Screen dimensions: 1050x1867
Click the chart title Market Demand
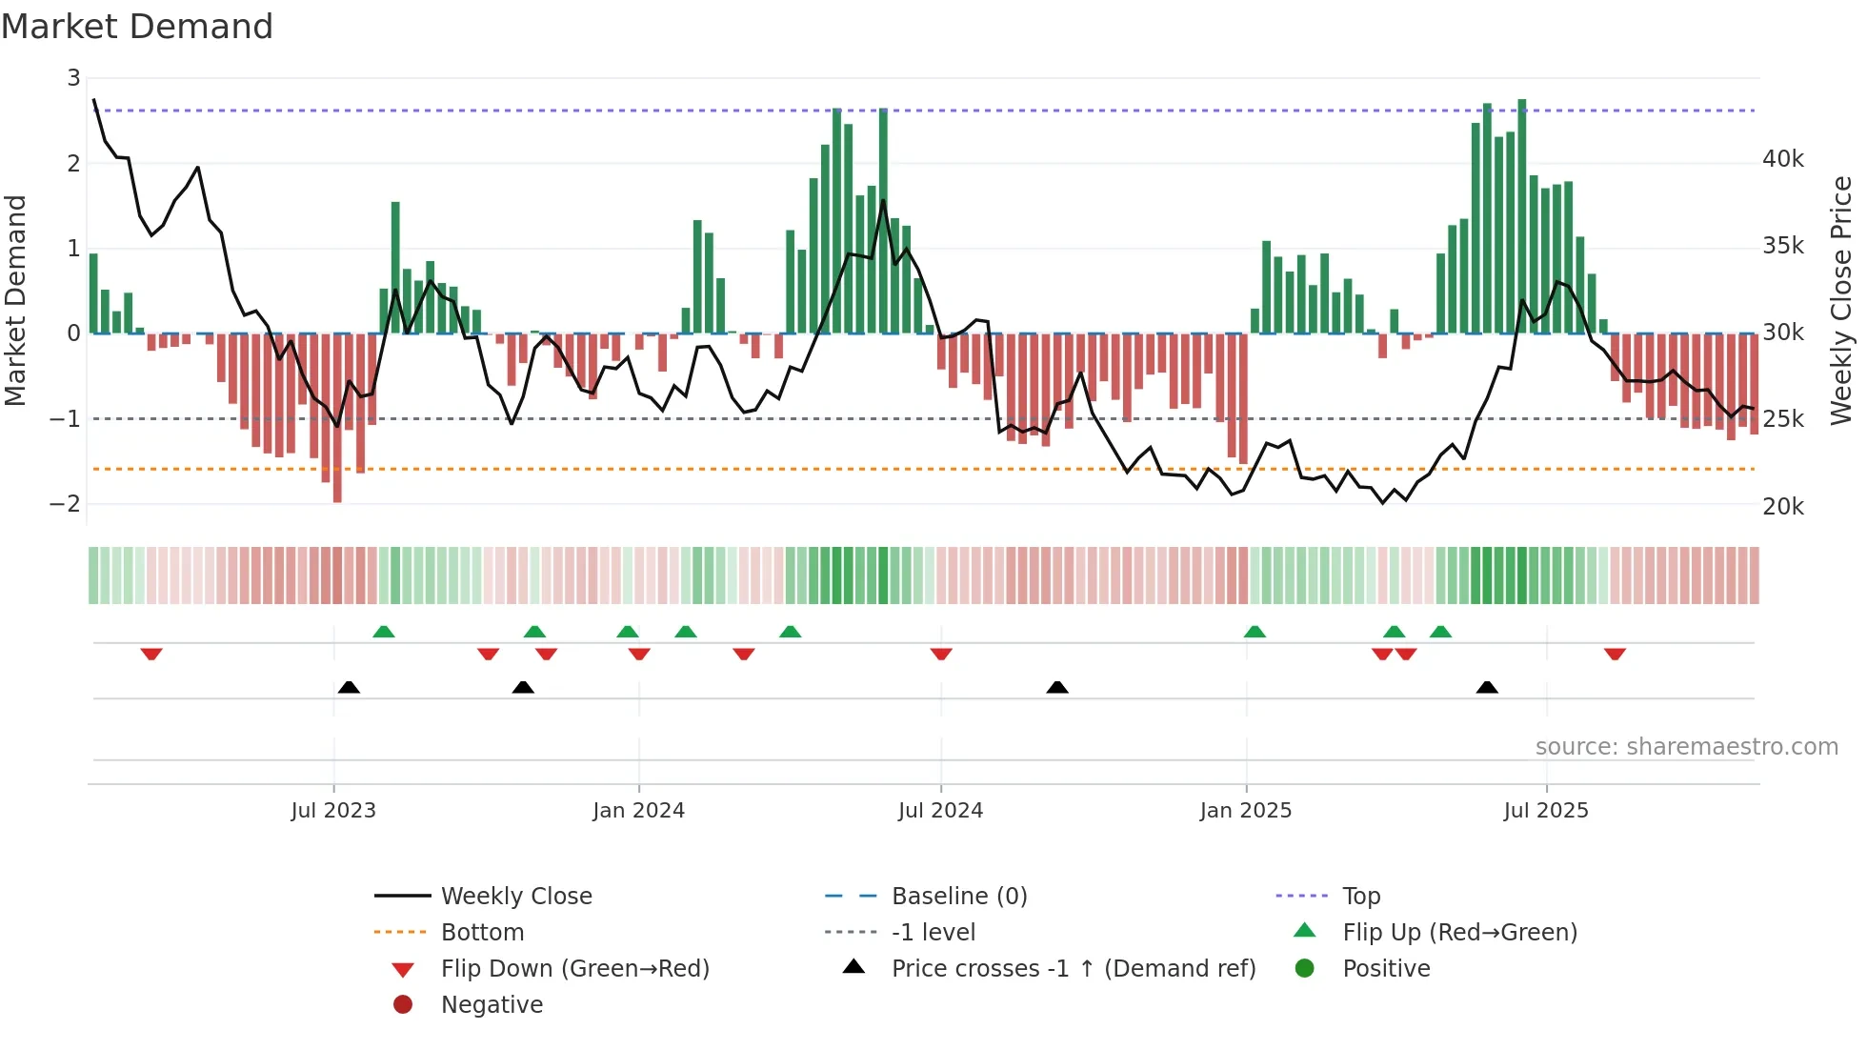point(137,27)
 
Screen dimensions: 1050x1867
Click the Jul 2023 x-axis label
point(333,811)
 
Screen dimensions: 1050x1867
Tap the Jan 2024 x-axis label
point(638,811)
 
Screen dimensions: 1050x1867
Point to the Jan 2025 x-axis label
point(1245,811)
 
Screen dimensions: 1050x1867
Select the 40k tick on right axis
point(1782,159)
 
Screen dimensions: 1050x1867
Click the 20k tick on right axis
point(1782,507)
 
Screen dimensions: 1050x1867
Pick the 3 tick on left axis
point(73,78)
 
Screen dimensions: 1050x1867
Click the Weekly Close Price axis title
point(1841,300)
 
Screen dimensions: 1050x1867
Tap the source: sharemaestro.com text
point(1686,747)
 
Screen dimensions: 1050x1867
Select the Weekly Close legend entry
point(515,897)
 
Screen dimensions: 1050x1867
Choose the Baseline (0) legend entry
point(958,897)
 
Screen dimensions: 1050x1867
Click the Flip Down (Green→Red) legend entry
point(574,969)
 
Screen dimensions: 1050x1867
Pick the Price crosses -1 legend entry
point(1073,969)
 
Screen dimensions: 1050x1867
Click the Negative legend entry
point(492,1005)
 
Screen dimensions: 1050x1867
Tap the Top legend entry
point(1360,897)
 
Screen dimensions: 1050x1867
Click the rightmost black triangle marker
point(1487,688)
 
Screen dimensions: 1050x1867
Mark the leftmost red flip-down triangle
point(151,654)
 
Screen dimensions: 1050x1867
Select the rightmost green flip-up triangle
point(1440,632)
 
